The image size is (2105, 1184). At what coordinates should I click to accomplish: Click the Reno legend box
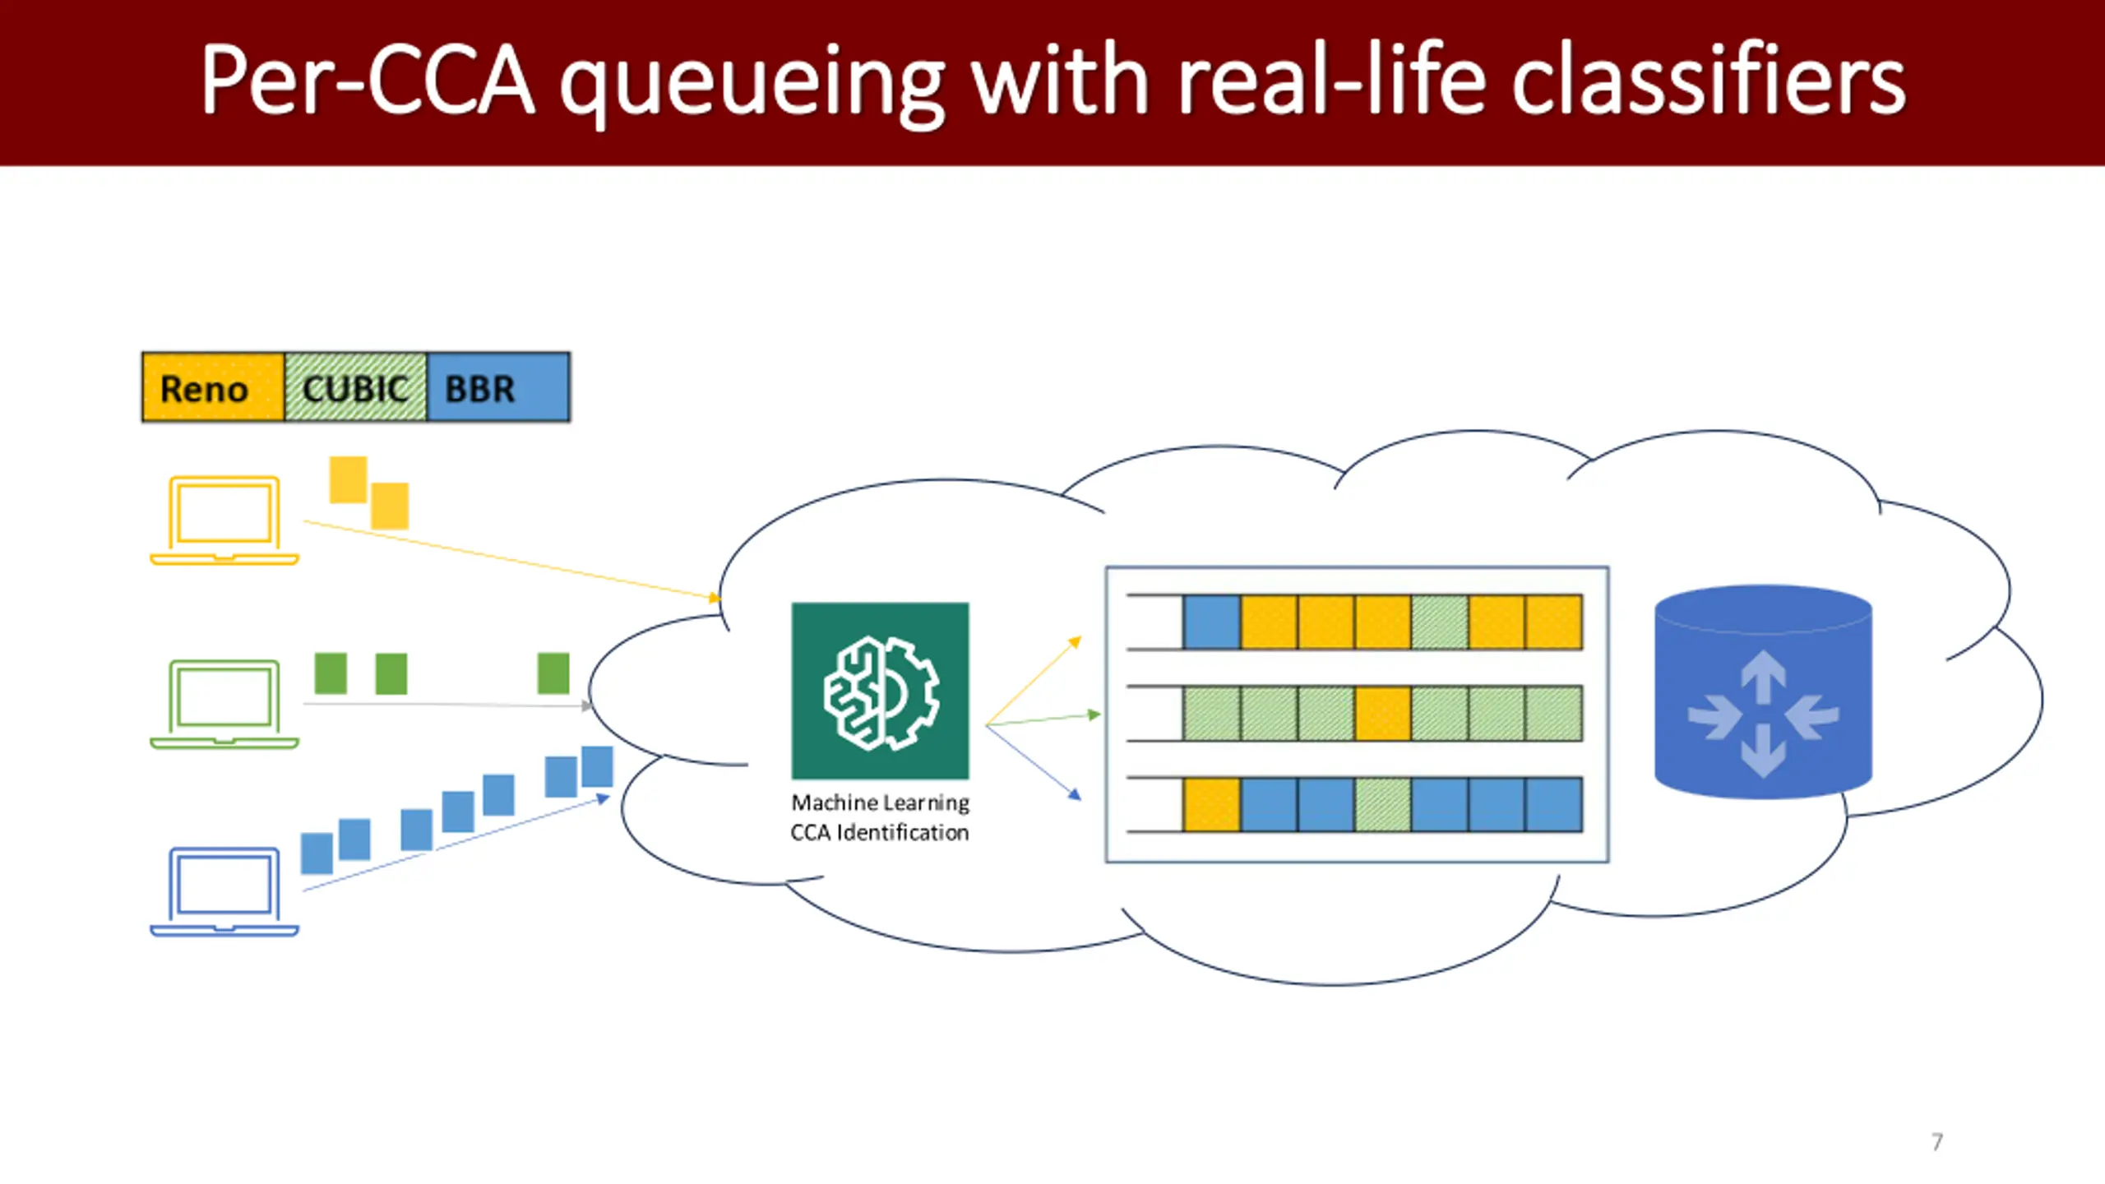click(x=213, y=387)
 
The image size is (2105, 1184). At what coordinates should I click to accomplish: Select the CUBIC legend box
click(x=356, y=387)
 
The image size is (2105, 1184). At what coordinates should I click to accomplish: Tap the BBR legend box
click(x=498, y=387)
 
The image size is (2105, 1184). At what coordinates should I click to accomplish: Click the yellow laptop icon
click(x=224, y=520)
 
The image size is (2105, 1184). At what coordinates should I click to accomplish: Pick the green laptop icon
click(x=224, y=704)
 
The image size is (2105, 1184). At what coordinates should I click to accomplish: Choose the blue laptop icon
click(x=224, y=891)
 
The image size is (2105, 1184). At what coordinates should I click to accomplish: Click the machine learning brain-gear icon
click(x=880, y=691)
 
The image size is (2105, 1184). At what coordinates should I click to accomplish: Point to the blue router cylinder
click(x=1763, y=691)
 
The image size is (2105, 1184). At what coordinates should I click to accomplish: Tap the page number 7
click(x=1937, y=1141)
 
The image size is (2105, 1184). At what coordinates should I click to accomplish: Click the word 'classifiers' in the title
click(x=1708, y=80)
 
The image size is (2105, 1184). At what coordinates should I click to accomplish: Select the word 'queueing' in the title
click(x=752, y=86)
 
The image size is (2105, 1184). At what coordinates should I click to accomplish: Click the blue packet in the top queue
click(x=1212, y=622)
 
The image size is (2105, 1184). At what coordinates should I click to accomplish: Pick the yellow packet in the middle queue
click(x=1383, y=714)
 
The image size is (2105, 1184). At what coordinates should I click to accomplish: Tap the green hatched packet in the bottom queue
click(x=1383, y=805)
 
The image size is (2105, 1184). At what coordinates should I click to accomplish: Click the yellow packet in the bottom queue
click(x=1212, y=805)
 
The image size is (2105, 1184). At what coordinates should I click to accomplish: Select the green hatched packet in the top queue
click(x=1440, y=622)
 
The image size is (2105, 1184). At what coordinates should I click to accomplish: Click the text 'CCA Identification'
click(x=880, y=832)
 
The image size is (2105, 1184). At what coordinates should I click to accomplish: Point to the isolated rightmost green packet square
click(x=553, y=673)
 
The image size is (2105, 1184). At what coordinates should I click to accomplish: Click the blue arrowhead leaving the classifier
click(x=1075, y=794)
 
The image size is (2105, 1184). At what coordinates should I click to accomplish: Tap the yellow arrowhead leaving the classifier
click(x=1075, y=642)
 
